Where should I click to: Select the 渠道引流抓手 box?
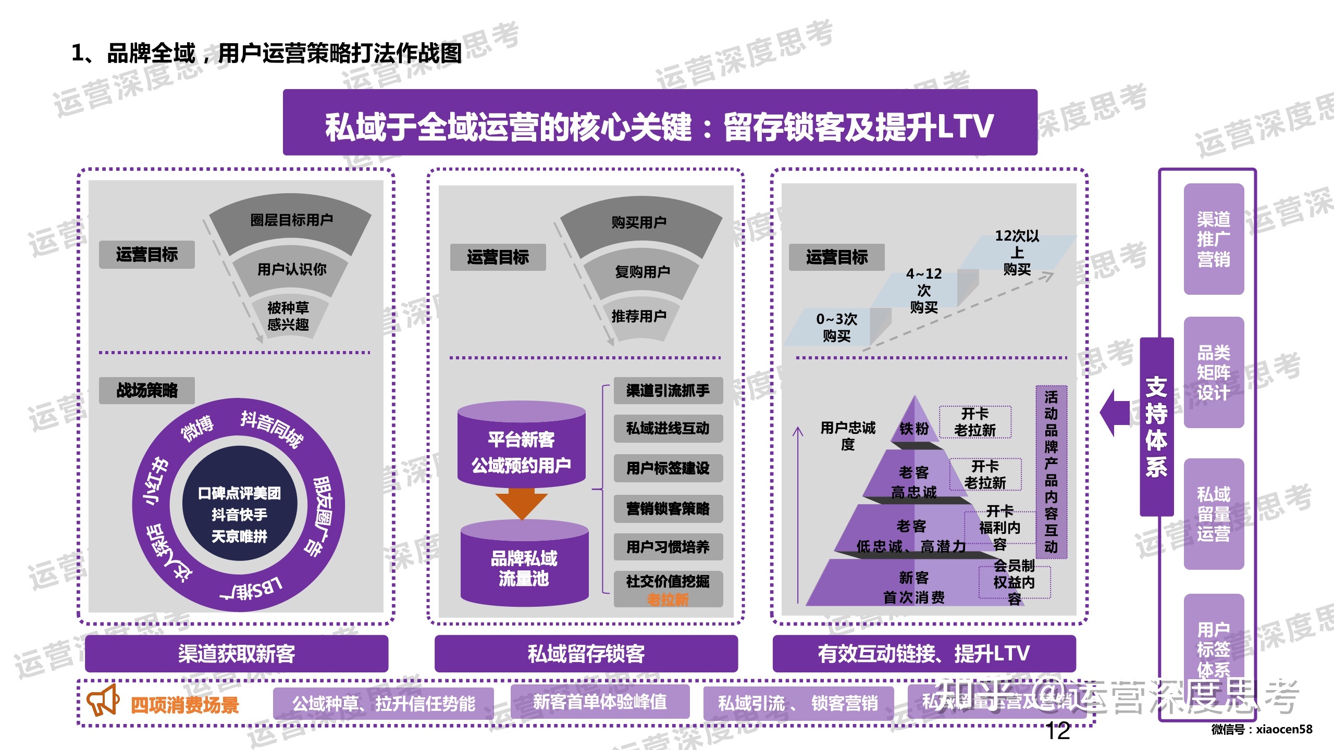tap(668, 391)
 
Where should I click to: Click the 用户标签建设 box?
tap(668, 468)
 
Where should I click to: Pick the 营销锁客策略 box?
tap(668, 508)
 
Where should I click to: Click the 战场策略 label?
tap(146, 390)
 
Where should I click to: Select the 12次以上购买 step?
tap(1017, 253)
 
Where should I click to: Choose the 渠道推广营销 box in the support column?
tap(1213, 239)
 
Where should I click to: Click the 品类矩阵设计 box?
tap(1213, 372)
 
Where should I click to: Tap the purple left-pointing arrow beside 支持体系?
tap(1115, 413)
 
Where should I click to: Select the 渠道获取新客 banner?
tap(237, 653)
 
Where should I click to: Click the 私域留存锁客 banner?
tap(586, 653)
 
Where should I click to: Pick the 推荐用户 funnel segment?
tap(638, 316)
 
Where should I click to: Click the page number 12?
tap(1058, 731)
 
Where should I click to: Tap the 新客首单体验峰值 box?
tap(600, 702)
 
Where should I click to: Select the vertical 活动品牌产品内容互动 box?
tap(1051, 472)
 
